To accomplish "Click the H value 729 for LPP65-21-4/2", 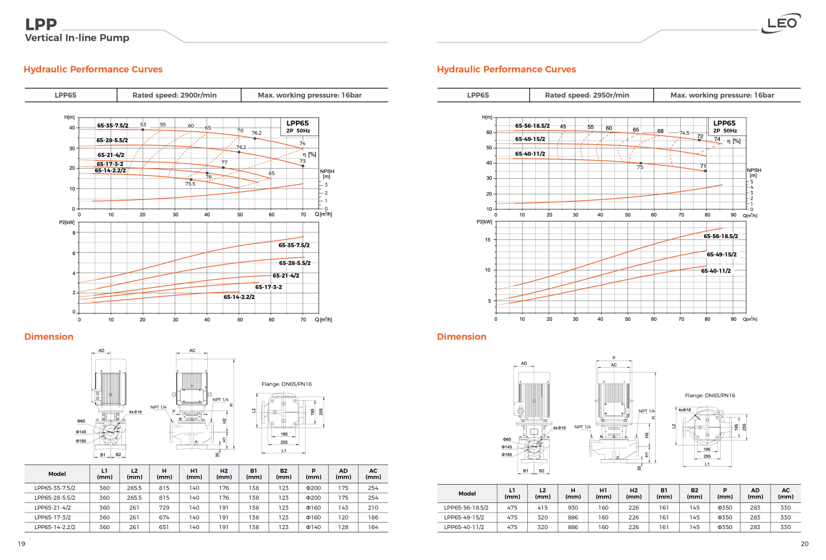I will tap(164, 508).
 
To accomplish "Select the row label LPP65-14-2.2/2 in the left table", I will tap(55, 527).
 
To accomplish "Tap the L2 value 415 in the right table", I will tap(542, 508).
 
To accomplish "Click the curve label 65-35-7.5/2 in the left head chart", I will tap(113, 126).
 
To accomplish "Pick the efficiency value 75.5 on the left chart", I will tap(190, 184).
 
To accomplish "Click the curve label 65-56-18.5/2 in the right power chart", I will tap(720, 236).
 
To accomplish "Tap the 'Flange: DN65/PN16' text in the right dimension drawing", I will tap(710, 396).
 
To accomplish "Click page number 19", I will tap(21, 544).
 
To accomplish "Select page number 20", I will tap(804, 544).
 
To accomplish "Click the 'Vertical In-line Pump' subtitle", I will tap(77, 38).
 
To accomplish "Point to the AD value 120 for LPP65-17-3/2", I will tap(343, 517).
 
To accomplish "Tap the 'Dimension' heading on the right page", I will tap(461, 337).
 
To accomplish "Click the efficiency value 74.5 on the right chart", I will tap(684, 133).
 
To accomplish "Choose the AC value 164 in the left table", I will tap(373, 527).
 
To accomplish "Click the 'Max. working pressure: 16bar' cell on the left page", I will tap(309, 95).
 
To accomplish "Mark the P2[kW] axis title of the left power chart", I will tap(67, 222).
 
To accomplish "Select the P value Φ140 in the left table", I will tap(313, 527).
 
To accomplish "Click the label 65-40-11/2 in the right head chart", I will tap(530, 154).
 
